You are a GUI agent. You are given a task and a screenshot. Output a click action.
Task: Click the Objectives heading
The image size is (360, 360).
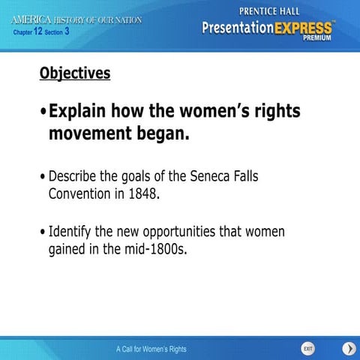point(75,73)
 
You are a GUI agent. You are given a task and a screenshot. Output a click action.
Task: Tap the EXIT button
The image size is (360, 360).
point(307,349)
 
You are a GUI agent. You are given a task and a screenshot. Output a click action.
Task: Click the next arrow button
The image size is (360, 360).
point(349,349)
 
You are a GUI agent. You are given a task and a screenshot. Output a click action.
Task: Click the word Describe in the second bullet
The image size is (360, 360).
point(73,176)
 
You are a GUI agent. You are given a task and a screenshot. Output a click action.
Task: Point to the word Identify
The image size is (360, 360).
point(71,231)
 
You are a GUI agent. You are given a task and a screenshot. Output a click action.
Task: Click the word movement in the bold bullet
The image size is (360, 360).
point(86,135)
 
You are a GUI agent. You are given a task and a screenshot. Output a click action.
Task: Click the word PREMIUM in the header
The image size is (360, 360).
point(319,40)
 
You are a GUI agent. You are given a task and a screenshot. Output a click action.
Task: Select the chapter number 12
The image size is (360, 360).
point(38,31)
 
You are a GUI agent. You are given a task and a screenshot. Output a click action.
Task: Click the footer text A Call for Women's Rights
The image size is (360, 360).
point(151,349)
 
